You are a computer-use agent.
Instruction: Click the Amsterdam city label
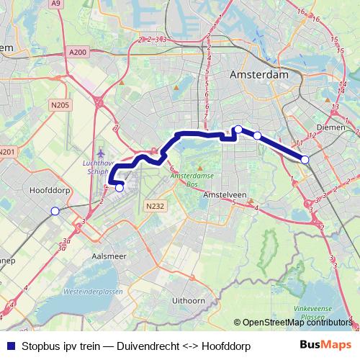click(258, 75)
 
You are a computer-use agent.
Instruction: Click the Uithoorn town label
click(190, 300)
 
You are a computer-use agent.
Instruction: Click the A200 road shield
click(79, 52)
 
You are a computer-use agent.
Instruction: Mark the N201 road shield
click(6, 151)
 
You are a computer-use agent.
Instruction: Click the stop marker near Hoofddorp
click(55, 210)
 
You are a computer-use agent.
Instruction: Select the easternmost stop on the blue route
click(305, 159)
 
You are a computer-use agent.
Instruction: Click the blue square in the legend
click(11, 346)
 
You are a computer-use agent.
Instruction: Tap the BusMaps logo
click(325, 345)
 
